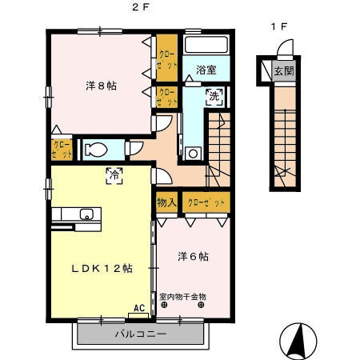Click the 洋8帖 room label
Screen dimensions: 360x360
click(x=101, y=86)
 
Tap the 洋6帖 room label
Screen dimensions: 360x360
click(x=193, y=256)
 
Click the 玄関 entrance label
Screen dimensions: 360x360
click(x=284, y=70)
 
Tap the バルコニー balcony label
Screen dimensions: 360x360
click(x=140, y=334)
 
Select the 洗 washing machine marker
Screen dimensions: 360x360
click(x=214, y=97)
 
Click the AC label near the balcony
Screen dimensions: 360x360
click(x=139, y=307)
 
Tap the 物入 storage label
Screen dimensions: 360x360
click(x=166, y=203)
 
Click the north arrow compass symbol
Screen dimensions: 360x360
click(x=297, y=341)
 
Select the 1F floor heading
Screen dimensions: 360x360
click(x=278, y=26)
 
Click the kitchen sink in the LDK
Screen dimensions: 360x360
click(x=86, y=214)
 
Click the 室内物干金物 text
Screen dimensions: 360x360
click(x=182, y=296)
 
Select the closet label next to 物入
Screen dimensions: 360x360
click(x=206, y=203)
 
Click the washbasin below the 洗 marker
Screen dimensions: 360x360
click(x=193, y=152)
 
